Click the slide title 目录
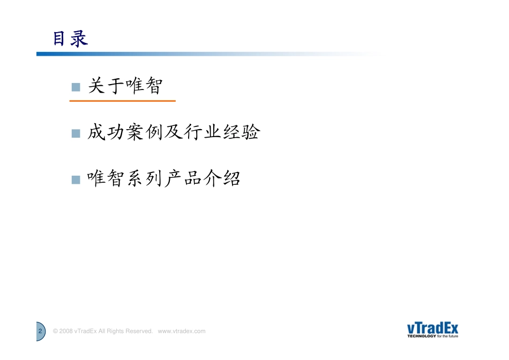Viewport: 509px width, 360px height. click(x=70, y=39)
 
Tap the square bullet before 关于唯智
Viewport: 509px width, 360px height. click(x=76, y=87)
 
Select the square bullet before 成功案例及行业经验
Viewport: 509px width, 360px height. click(x=76, y=133)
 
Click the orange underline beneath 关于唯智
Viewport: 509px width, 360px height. click(x=122, y=101)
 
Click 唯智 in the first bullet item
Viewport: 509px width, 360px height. click(x=143, y=86)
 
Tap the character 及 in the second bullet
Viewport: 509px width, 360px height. click(x=174, y=133)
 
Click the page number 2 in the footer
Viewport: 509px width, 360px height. click(x=40, y=332)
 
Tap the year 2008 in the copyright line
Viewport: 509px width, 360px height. click(x=66, y=332)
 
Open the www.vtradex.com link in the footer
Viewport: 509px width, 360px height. click(x=182, y=332)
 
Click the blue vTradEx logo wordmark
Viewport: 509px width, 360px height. click(x=432, y=328)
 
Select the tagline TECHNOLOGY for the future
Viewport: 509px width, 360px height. click(x=432, y=337)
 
